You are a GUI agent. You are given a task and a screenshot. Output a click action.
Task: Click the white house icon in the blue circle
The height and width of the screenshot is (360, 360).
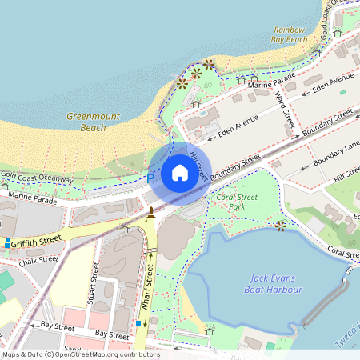(180, 172)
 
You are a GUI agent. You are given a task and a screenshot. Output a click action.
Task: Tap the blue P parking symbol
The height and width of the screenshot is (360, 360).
(150, 178)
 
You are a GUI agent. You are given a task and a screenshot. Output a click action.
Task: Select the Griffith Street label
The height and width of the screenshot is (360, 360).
(37, 238)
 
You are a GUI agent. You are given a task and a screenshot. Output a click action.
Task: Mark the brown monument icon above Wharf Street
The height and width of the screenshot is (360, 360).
(150, 212)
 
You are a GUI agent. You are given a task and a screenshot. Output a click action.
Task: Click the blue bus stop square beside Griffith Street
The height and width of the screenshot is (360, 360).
(7, 242)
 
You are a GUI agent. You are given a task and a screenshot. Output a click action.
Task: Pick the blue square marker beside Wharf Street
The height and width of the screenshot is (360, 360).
(138, 323)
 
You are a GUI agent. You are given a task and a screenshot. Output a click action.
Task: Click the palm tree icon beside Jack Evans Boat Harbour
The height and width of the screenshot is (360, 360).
(280, 226)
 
